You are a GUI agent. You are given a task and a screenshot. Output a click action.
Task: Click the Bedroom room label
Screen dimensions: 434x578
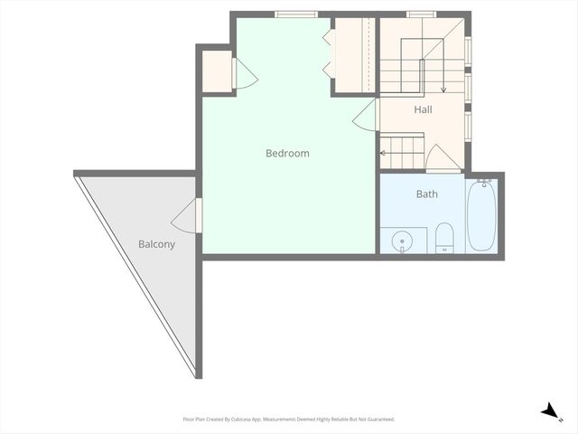coord(287,153)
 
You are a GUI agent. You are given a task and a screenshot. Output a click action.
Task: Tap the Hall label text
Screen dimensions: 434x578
coord(424,109)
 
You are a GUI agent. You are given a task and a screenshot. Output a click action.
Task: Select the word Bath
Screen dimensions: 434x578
coord(427,193)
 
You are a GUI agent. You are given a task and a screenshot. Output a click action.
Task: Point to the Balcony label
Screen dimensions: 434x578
coord(156,244)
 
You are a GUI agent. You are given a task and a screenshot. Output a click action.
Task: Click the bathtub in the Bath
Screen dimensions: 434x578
coord(481,217)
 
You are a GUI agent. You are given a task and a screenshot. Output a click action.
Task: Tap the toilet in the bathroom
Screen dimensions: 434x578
coord(444,239)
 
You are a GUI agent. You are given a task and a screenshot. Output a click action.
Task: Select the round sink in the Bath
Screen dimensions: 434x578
coord(402,241)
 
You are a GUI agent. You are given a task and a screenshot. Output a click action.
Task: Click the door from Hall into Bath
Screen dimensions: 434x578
coord(443,158)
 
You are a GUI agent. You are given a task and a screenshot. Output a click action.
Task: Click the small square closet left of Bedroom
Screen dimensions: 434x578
coord(217,72)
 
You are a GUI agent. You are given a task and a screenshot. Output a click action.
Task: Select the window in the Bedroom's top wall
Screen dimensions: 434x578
coord(296,14)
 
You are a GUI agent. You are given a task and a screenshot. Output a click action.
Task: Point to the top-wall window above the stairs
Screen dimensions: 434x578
coord(421,14)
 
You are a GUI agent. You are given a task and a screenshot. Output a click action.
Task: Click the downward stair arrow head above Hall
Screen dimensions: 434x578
coord(443,90)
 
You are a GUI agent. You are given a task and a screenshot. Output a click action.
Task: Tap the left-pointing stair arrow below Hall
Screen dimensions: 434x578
coord(383,153)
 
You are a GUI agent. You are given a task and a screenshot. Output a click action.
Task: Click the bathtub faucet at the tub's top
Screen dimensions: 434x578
coord(483,183)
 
